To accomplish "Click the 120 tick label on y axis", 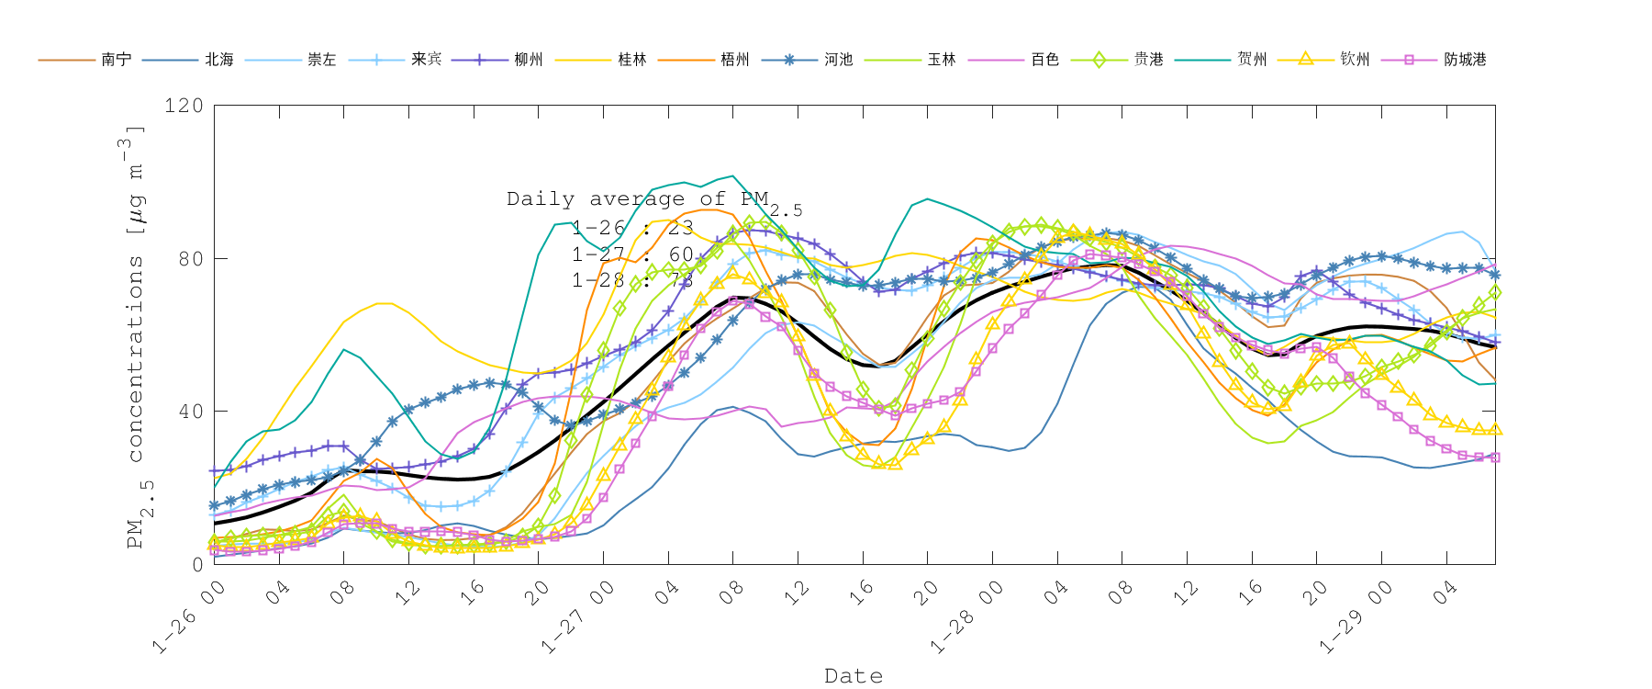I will [184, 106].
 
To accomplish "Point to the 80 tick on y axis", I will [190, 258].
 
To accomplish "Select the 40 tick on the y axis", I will [190, 412].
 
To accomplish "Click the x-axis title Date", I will [854, 676].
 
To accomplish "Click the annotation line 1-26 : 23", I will [632, 228].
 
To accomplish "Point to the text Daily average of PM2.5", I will [653, 200].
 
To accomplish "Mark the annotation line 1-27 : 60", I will [632, 254].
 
